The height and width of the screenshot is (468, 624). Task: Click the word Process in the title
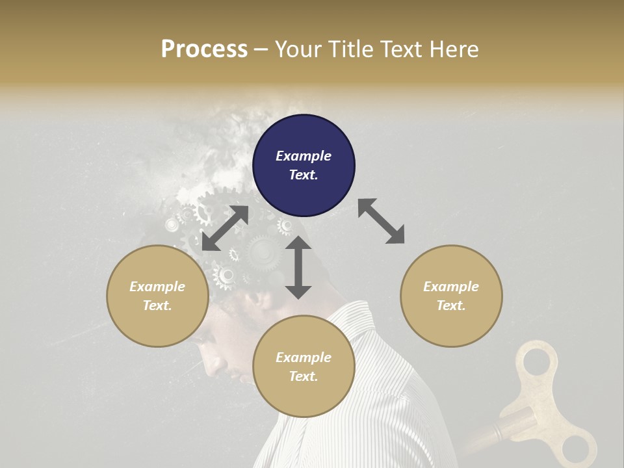204,49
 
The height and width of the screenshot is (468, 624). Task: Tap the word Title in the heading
349,49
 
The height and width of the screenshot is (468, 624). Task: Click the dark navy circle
304,165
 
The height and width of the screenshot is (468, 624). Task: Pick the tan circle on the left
157,296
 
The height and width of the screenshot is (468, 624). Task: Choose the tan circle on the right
451,296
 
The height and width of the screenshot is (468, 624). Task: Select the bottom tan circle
304,367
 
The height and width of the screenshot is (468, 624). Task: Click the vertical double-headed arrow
298,267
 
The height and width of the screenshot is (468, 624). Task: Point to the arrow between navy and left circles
225,228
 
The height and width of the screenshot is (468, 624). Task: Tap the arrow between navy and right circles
381,221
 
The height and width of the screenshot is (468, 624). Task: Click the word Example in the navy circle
304,156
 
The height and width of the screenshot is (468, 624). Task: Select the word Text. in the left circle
157,305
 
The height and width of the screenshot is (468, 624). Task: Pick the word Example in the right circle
451,287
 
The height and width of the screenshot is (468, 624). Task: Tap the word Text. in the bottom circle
304,376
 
